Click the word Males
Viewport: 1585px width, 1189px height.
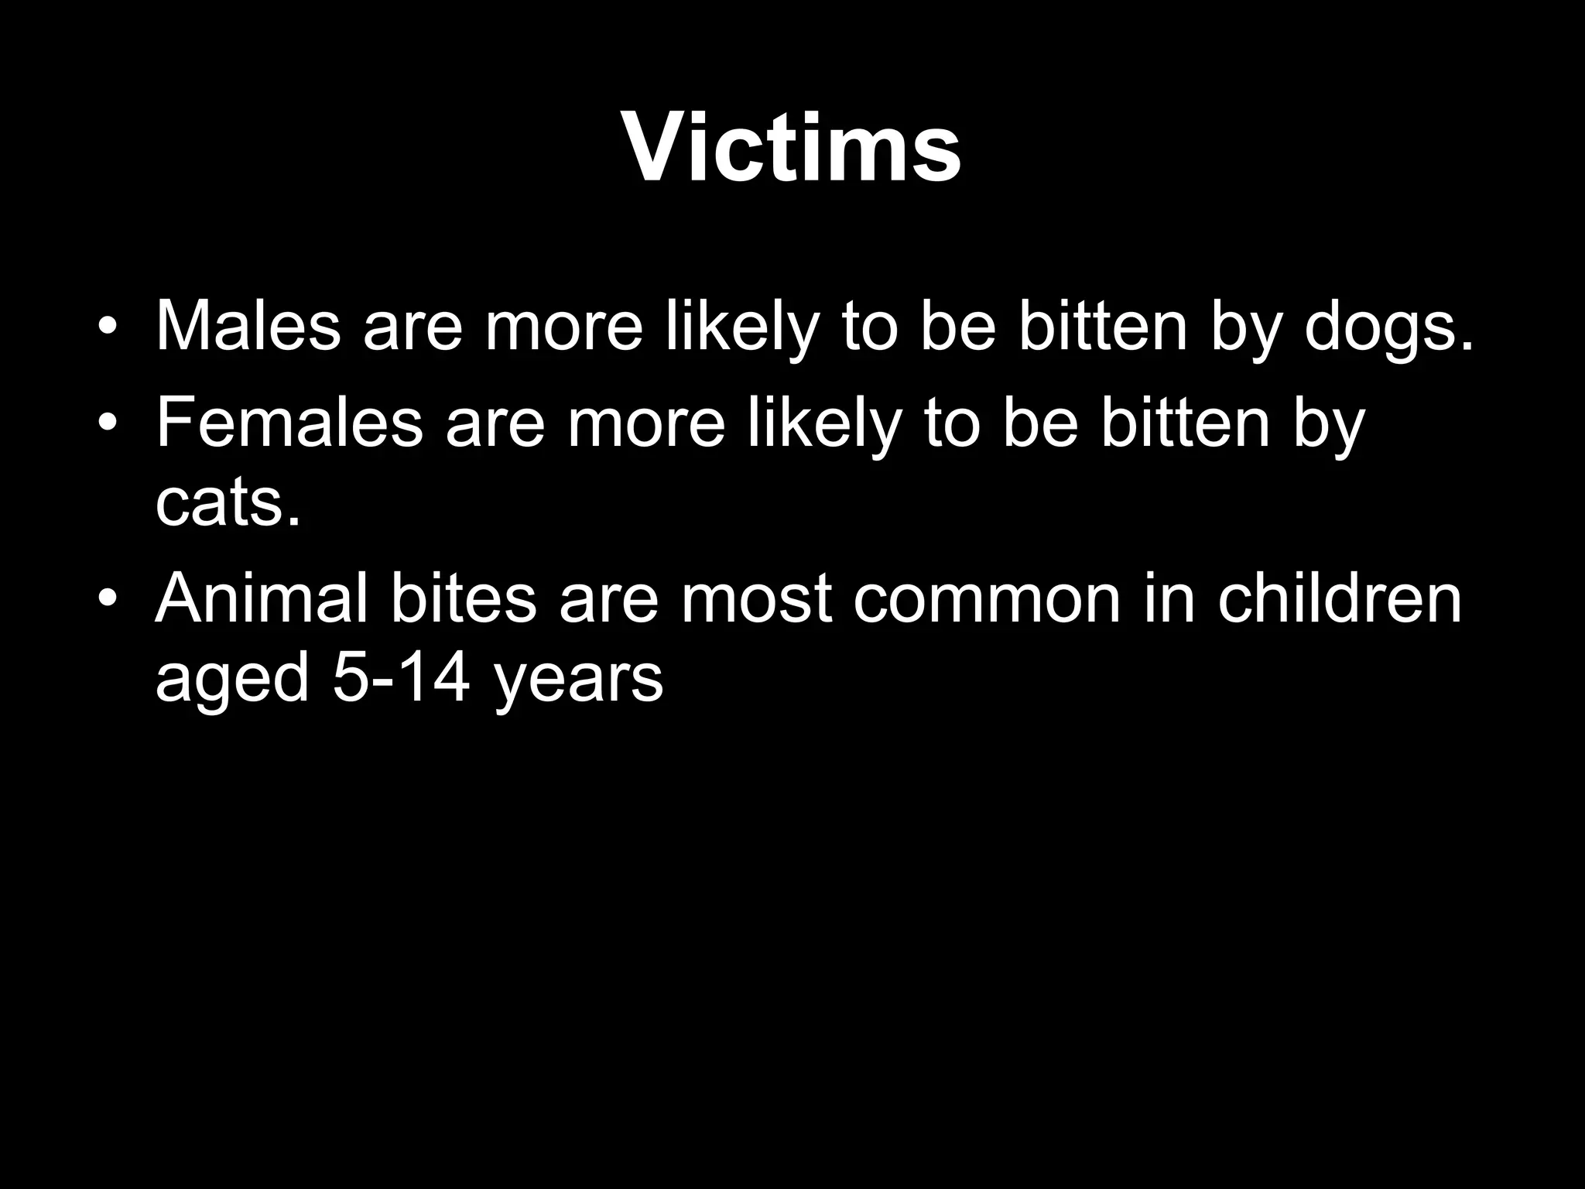pyautogui.click(x=248, y=326)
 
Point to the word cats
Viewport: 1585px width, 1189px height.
pyautogui.click(x=228, y=505)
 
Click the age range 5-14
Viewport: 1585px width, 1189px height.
pyautogui.click(x=401, y=679)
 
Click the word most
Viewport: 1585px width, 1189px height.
pyautogui.click(x=756, y=601)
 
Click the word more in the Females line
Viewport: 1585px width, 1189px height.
pyautogui.click(x=647, y=427)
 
